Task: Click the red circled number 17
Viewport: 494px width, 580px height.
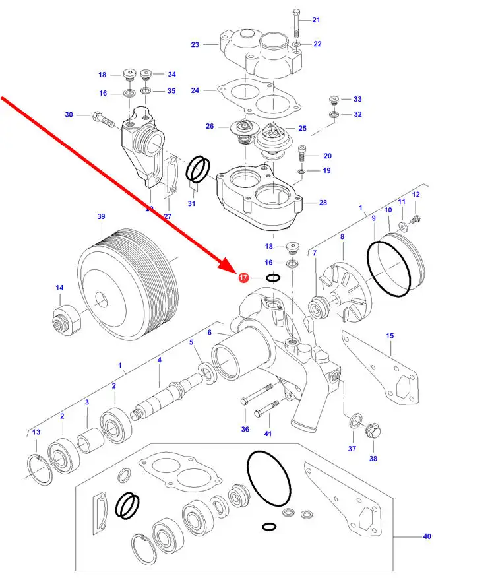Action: pyautogui.click(x=243, y=278)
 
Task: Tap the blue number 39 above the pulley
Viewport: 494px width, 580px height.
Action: pyautogui.click(x=101, y=216)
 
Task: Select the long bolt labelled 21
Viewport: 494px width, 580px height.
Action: pyautogui.click(x=297, y=25)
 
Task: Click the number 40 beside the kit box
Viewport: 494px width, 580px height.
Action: pyautogui.click(x=427, y=536)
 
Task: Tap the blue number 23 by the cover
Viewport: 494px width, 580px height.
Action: pyautogui.click(x=195, y=45)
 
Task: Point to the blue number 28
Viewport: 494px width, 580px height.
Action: pyautogui.click(x=323, y=203)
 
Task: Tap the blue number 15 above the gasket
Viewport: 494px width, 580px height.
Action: pyautogui.click(x=390, y=336)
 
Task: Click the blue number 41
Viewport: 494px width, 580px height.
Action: pyautogui.click(x=268, y=434)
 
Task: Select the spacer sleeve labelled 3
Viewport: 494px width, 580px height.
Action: pyautogui.click(x=88, y=438)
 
